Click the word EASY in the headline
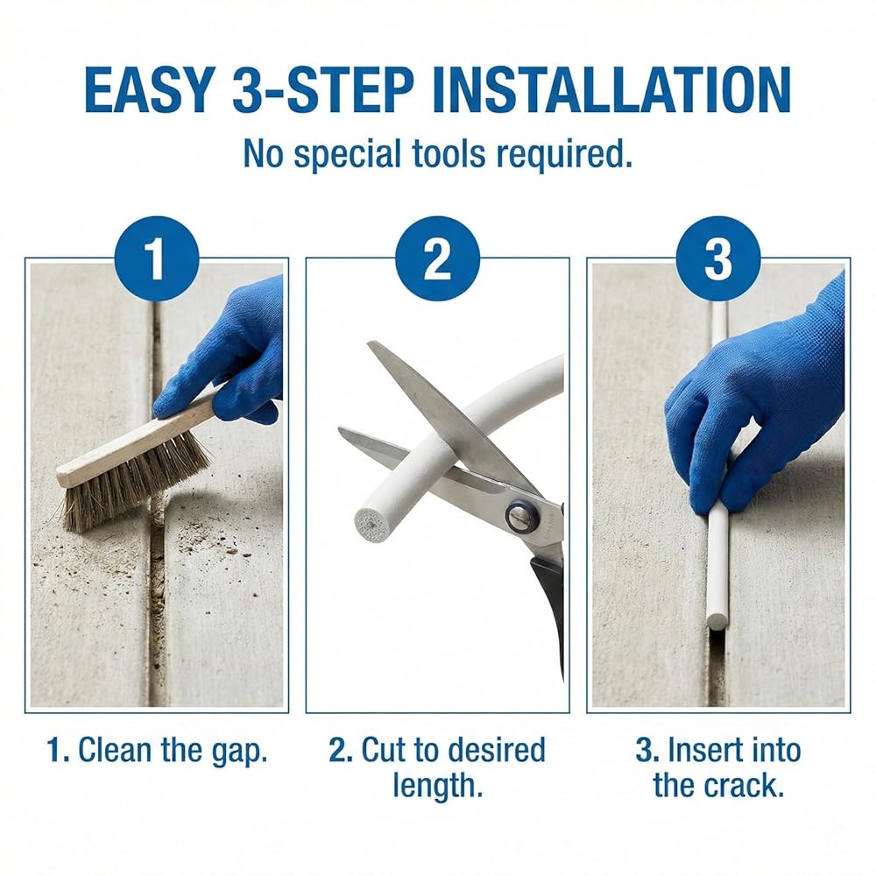(151, 89)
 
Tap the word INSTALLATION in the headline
(611, 89)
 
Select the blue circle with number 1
(157, 258)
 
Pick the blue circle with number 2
(437, 258)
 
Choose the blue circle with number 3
(718, 258)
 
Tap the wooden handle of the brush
(134, 442)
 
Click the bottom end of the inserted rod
(717, 622)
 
